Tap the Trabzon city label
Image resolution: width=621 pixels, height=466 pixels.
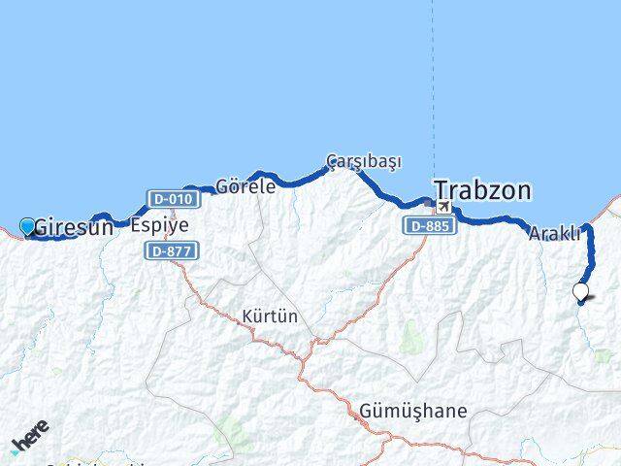tap(482, 189)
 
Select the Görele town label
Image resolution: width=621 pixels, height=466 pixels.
tap(245, 186)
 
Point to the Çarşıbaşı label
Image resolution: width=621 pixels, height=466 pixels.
tap(363, 160)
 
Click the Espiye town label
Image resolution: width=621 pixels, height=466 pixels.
tap(159, 224)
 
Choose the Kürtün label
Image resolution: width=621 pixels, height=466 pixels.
tap(270, 316)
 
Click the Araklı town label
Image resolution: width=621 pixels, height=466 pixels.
tap(554, 233)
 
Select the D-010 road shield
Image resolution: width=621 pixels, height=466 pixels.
tap(175, 199)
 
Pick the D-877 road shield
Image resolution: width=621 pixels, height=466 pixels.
tap(172, 250)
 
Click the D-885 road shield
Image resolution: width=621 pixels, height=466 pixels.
tap(426, 225)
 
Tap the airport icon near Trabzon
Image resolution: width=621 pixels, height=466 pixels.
tap(443, 206)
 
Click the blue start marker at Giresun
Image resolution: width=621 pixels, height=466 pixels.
tap(27, 226)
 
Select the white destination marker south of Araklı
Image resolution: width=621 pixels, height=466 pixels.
tap(581, 290)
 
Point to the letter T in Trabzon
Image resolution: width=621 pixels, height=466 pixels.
tap(441, 190)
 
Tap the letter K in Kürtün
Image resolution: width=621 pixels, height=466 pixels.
tap(247, 316)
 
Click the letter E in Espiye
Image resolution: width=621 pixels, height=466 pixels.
tap(136, 224)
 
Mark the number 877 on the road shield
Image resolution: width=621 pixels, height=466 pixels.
tap(179, 250)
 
